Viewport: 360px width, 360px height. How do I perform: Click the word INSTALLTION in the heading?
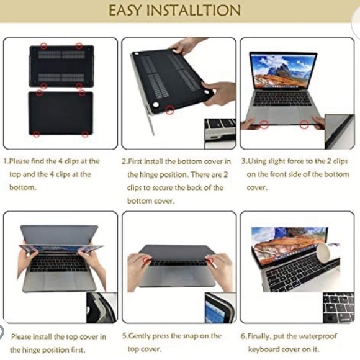pyautogui.click(x=194, y=11)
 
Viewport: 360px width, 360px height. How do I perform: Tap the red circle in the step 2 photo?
pyautogui.click(x=170, y=110)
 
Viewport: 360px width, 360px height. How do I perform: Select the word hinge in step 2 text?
pyautogui.click(x=149, y=174)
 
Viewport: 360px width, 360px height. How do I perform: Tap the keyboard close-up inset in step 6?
pyautogui.click(x=338, y=308)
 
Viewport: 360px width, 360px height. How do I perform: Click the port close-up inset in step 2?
pyautogui.click(x=220, y=133)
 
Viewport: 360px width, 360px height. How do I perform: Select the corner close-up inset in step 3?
pyautogui.click(x=340, y=132)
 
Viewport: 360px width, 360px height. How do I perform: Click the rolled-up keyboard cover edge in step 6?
pyautogui.click(x=322, y=252)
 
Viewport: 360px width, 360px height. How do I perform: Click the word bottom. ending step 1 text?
pyautogui.click(x=23, y=187)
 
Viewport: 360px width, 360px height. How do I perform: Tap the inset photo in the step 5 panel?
pyautogui.click(x=220, y=308)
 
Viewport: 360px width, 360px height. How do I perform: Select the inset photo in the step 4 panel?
pyautogui.click(x=102, y=308)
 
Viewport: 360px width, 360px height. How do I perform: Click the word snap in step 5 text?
pyautogui.click(x=191, y=336)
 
